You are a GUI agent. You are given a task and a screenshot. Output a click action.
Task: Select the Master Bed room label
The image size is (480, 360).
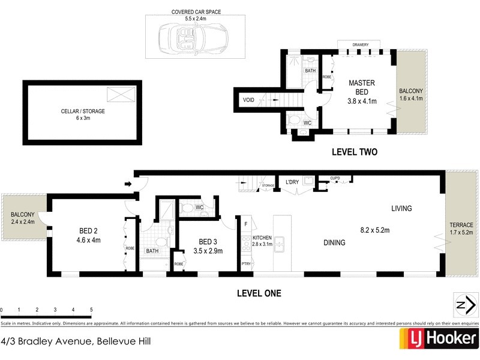(361, 88)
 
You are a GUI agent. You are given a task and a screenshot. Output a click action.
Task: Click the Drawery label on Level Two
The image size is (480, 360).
(360, 44)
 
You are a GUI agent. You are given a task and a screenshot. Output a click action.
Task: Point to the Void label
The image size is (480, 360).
(249, 100)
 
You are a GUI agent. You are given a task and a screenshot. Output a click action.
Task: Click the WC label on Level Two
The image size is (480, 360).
(307, 122)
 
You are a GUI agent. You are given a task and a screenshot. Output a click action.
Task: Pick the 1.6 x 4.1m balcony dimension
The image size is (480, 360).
(412, 98)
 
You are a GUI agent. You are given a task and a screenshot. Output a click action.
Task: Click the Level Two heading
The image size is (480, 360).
(355, 152)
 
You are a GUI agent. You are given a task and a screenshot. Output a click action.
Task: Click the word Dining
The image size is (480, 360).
(334, 243)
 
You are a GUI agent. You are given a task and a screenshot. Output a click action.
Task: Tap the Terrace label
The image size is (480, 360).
(461, 225)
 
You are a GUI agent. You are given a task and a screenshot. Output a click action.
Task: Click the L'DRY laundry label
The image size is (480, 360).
(292, 182)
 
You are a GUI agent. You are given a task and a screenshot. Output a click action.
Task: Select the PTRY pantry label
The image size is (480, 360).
(246, 263)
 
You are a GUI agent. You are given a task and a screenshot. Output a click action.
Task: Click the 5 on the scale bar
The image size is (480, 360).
(91, 310)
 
